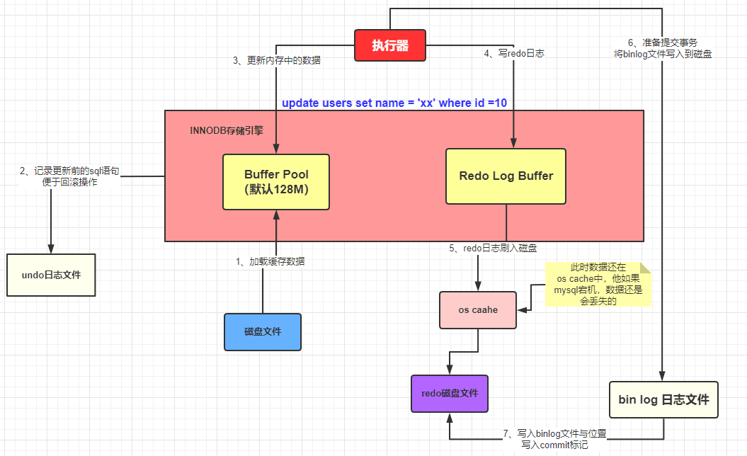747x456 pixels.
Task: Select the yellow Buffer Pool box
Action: coord(276,181)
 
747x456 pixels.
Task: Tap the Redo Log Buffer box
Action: coord(506,176)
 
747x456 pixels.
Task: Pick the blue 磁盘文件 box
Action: coord(262,331)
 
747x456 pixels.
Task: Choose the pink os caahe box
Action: coord(478,310)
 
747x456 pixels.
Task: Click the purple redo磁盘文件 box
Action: coord(449,393)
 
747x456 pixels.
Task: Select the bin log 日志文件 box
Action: coord(663,400)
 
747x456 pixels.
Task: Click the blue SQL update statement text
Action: coord(394,103)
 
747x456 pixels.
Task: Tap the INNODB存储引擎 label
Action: coord(226,130)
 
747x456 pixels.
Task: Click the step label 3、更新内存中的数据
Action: coord(277,61)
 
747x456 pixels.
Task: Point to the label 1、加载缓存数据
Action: coord(270,261)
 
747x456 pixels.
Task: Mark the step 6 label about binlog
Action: coord(662,47)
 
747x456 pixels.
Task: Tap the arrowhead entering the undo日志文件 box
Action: coord(50,249)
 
